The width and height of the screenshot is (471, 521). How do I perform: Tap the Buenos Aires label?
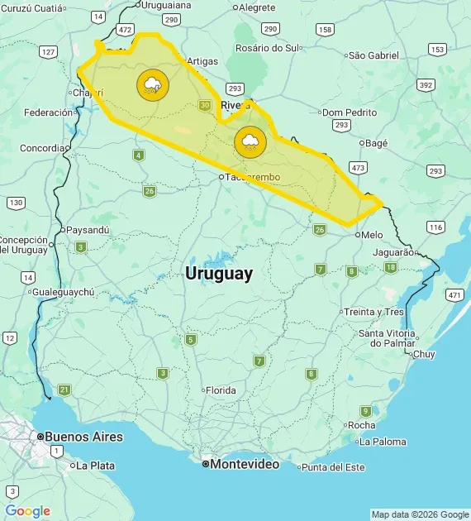[x=83, y=437]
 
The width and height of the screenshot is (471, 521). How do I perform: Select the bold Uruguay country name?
[x=219, y=274]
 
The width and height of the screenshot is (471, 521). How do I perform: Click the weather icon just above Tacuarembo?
[x=249, y=141]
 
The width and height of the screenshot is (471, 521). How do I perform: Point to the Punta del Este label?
[x=332, y=467]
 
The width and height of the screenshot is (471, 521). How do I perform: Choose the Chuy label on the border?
[x=423, y=354]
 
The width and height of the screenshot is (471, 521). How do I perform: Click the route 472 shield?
[x=125, y=29]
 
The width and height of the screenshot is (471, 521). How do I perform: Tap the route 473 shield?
[x=358, y=168]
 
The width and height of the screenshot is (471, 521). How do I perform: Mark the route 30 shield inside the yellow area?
[x=205, y=105]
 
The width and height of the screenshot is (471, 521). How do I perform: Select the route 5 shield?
[x=191, y=339]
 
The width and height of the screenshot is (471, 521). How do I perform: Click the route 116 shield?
[x=436, y=227]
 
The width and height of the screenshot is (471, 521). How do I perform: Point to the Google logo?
[x=27, y=511]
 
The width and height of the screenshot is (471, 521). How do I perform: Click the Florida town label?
[x=220, y=390]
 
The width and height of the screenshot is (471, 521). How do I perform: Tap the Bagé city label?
[x=375, y=143]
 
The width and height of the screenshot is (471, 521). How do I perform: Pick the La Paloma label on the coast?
[x=383, y=442]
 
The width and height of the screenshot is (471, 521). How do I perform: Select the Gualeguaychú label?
[x=63, y=292]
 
